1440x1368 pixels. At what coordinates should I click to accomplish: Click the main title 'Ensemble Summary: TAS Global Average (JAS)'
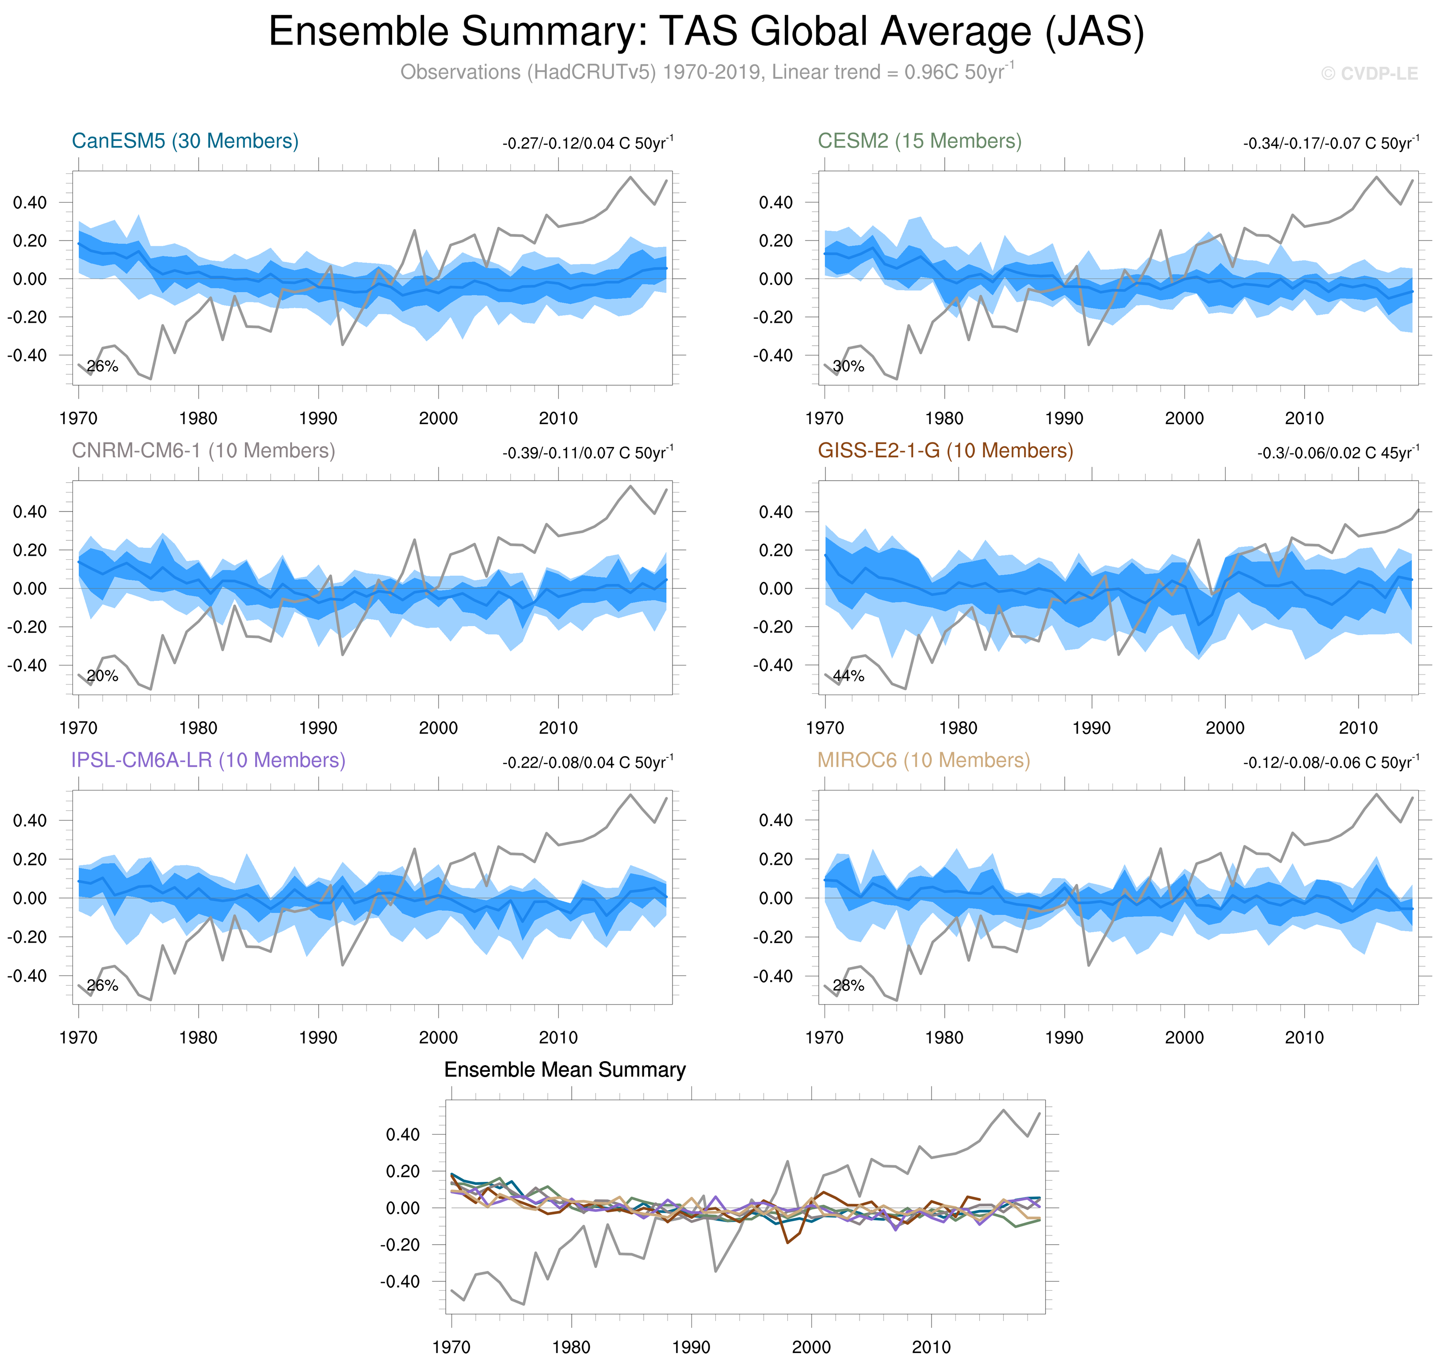(706, 32)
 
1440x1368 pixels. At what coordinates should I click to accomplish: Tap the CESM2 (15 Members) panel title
(919, 141)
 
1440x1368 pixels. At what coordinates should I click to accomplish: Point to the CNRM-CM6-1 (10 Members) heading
(202, 451)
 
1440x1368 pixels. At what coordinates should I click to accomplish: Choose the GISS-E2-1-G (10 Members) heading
(945, 451)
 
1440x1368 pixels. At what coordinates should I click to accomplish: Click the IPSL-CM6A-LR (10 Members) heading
(208, 760)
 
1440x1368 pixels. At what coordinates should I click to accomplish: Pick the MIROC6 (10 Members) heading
(923, 760)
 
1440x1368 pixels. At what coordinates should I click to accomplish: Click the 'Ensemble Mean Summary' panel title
(564, 1070)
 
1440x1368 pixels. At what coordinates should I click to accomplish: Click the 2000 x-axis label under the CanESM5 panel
(438, 419)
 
